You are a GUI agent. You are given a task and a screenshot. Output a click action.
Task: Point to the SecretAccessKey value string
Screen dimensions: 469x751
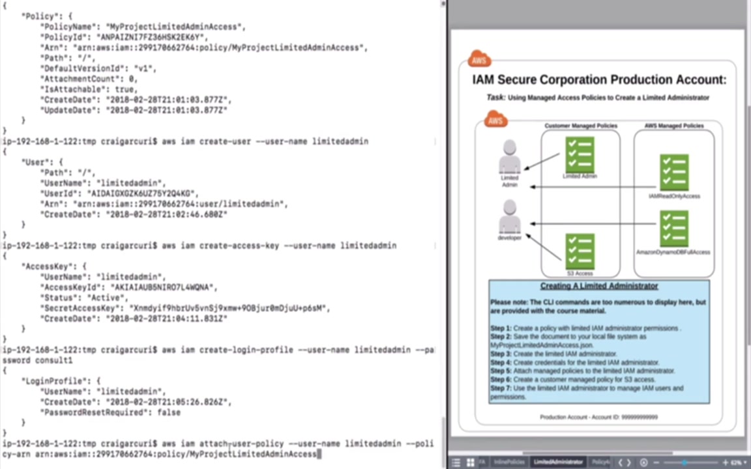pos(229,308)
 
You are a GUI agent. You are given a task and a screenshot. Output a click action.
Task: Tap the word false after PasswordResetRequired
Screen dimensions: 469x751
pos(166,412)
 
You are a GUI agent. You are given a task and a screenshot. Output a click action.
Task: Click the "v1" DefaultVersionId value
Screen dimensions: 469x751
pos(145,68)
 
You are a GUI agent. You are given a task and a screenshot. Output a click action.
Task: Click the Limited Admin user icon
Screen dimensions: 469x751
pos(510,158)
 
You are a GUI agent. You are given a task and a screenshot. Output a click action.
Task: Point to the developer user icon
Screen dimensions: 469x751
pos(510,218)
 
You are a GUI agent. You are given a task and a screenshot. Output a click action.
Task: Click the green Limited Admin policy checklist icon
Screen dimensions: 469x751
pos(580,154)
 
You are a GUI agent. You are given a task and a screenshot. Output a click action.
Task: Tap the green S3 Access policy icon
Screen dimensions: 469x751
pos(580,251)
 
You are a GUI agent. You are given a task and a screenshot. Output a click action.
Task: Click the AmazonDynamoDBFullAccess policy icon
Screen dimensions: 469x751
pos(673,228)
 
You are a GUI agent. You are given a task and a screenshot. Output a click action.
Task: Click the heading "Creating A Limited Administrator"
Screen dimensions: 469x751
pos(599,286)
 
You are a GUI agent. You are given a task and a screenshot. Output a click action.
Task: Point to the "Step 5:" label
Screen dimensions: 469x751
pos(501,371)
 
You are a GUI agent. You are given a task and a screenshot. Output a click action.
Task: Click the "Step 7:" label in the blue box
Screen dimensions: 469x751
pos(501,388)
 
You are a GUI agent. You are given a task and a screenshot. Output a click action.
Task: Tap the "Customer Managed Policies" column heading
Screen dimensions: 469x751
pos(581,126)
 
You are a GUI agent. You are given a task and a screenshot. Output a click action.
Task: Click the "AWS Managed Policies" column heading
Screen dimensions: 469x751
pos(674,126)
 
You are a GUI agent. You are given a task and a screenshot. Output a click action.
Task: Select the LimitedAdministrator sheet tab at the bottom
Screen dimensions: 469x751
pos(559,462)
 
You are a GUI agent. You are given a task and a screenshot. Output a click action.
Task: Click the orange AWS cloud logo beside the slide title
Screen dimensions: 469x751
pos(479,60)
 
